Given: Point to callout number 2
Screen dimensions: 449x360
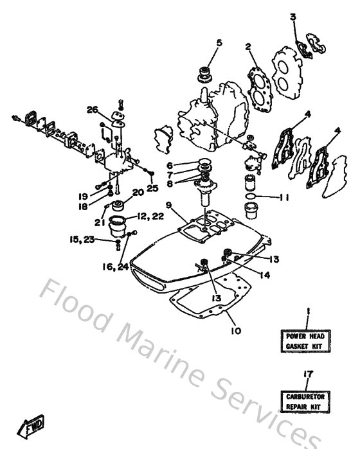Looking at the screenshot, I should (x=248, y=46).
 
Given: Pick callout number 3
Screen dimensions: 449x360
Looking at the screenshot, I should (x=293, y=17).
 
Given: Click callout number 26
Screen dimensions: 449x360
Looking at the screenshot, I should (x=93, y=110).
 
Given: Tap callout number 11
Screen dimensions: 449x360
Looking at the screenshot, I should (x=283, y=197).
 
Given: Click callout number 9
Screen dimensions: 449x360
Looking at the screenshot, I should (x=167, y=206).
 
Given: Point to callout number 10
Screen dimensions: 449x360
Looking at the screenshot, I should (x=235, y=331).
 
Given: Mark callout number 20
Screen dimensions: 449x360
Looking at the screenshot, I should (x=138, y=192).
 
